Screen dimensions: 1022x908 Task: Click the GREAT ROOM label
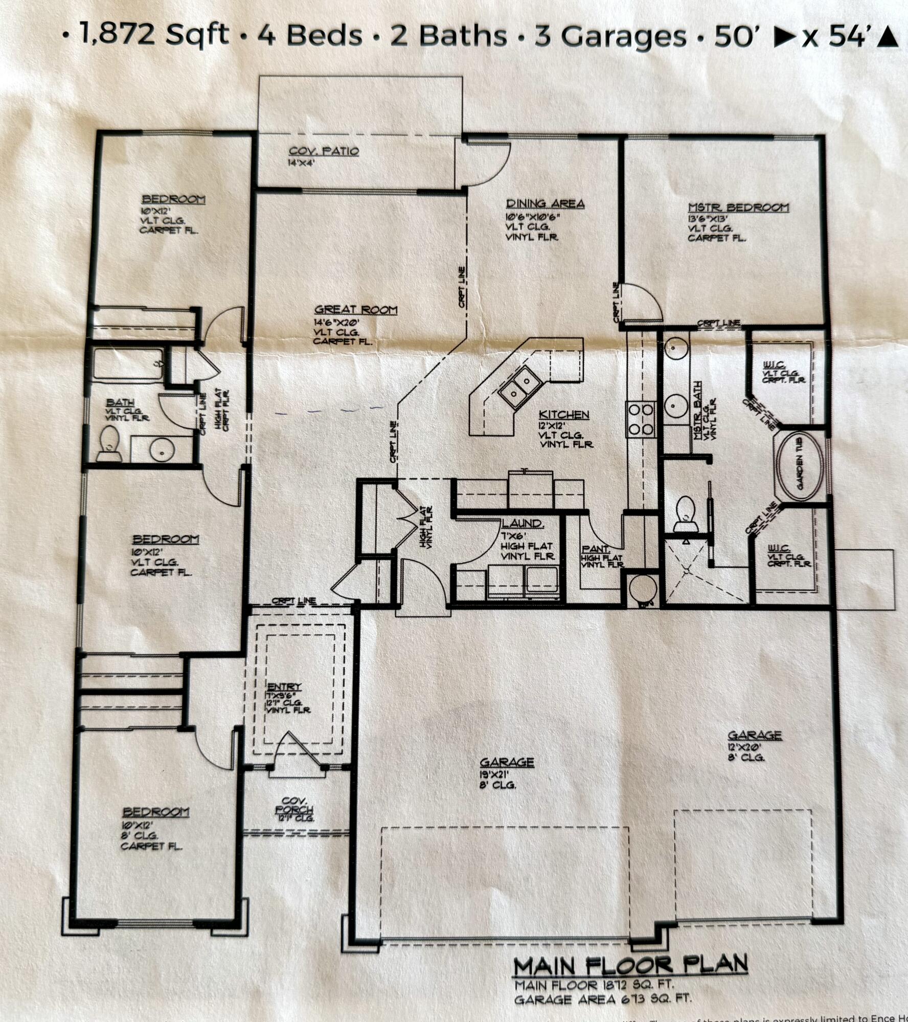click(356, 310)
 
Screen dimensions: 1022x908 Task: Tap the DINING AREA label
click(545, 204)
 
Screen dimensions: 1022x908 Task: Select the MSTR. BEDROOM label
click(738, 207)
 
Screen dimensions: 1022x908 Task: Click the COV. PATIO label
click(324, 151)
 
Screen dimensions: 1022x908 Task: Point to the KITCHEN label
click(564, 415)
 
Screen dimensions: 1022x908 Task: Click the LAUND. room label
click(522, 523)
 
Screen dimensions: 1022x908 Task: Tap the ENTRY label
click(284, 686)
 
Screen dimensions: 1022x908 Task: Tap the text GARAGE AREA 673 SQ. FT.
click(603, 998)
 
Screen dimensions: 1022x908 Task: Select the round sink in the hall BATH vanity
click(163, 450)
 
